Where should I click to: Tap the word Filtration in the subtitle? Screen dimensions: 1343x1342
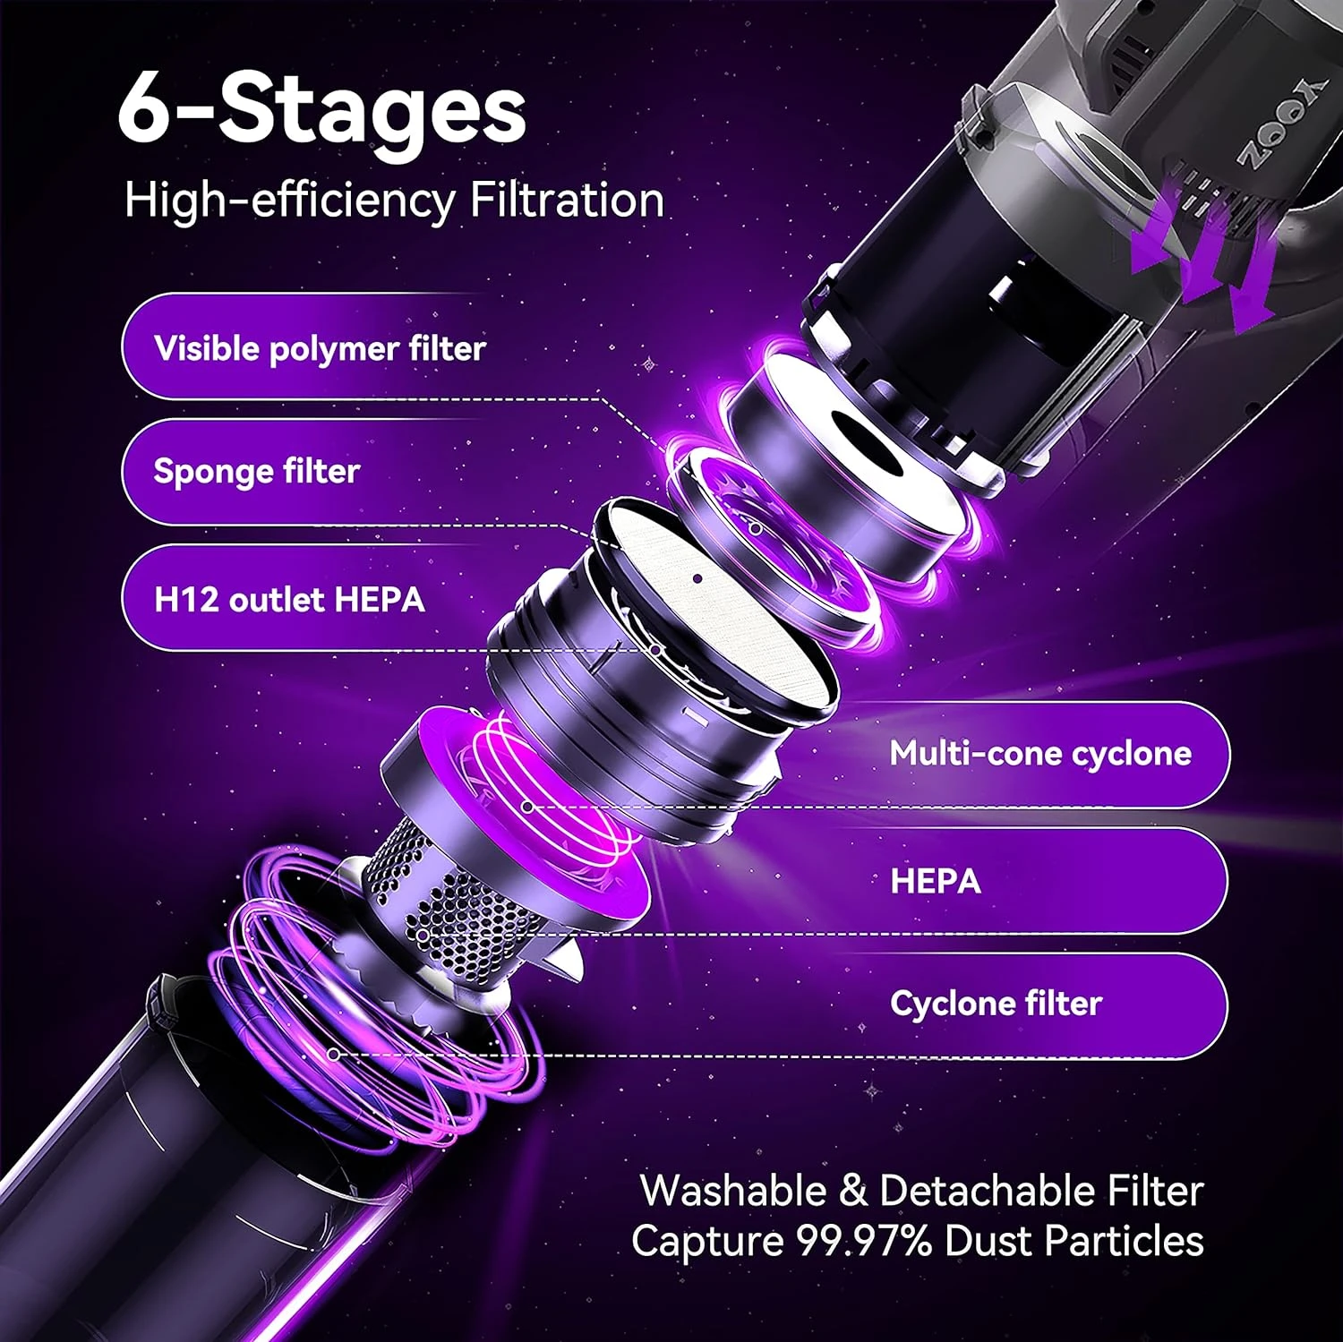tap(567, 199)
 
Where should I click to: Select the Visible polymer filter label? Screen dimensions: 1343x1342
tap(320, 348)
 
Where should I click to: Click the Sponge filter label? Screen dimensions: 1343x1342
tap(257, 471)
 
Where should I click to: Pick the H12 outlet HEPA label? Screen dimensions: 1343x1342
tap(289, 599)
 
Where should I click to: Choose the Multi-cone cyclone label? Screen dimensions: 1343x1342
tap(1040, 754)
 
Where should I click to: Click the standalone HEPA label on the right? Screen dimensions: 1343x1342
tap(936, 881)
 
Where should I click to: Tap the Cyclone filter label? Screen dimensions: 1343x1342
tap(996, 1004)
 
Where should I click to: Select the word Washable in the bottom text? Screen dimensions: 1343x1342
tap(733, 1191)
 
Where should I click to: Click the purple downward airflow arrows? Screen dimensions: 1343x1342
tap(1200, 255)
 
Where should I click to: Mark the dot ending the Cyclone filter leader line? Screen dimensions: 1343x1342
tap(334, 1055)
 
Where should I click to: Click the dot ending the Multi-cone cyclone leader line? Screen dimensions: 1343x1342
tap(528, 807)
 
